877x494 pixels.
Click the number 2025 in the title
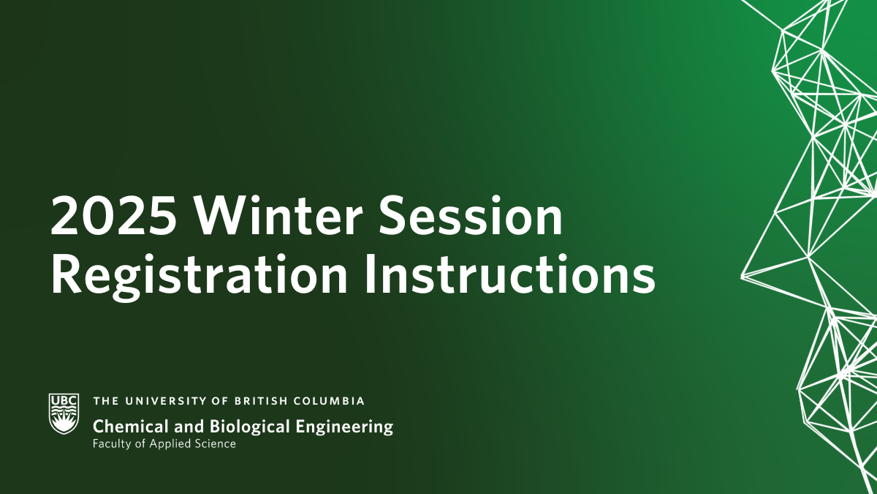[113, 216]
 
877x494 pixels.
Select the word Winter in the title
[277, 215]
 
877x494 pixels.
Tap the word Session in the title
[470, 215]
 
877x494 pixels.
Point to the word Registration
[199, 274]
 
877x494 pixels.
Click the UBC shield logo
[64, 413]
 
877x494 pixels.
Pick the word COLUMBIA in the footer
[329, 401]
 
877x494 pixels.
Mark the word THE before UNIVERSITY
[106, 401]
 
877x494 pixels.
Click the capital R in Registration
[67, 274]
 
